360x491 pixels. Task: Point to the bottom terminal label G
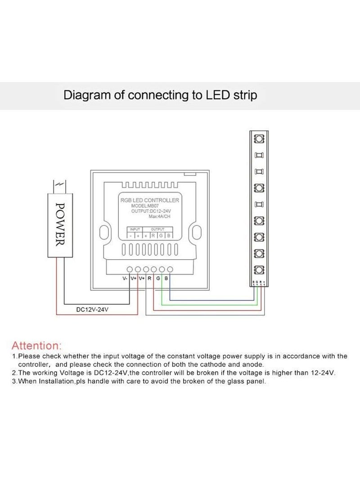click(x=158, y=279)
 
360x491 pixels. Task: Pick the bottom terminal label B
click(x=166, y=279)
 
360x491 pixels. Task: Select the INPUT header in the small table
click(x=135, y=229)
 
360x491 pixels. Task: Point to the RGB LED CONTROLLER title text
click(x=149, y=200)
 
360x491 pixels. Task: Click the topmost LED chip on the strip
click(x=259, y=137)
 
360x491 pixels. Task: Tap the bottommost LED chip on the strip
click(x=259, y=270)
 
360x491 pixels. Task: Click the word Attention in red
click(x=36, y=346)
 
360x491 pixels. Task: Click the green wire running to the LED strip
click(x=211, y=305)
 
